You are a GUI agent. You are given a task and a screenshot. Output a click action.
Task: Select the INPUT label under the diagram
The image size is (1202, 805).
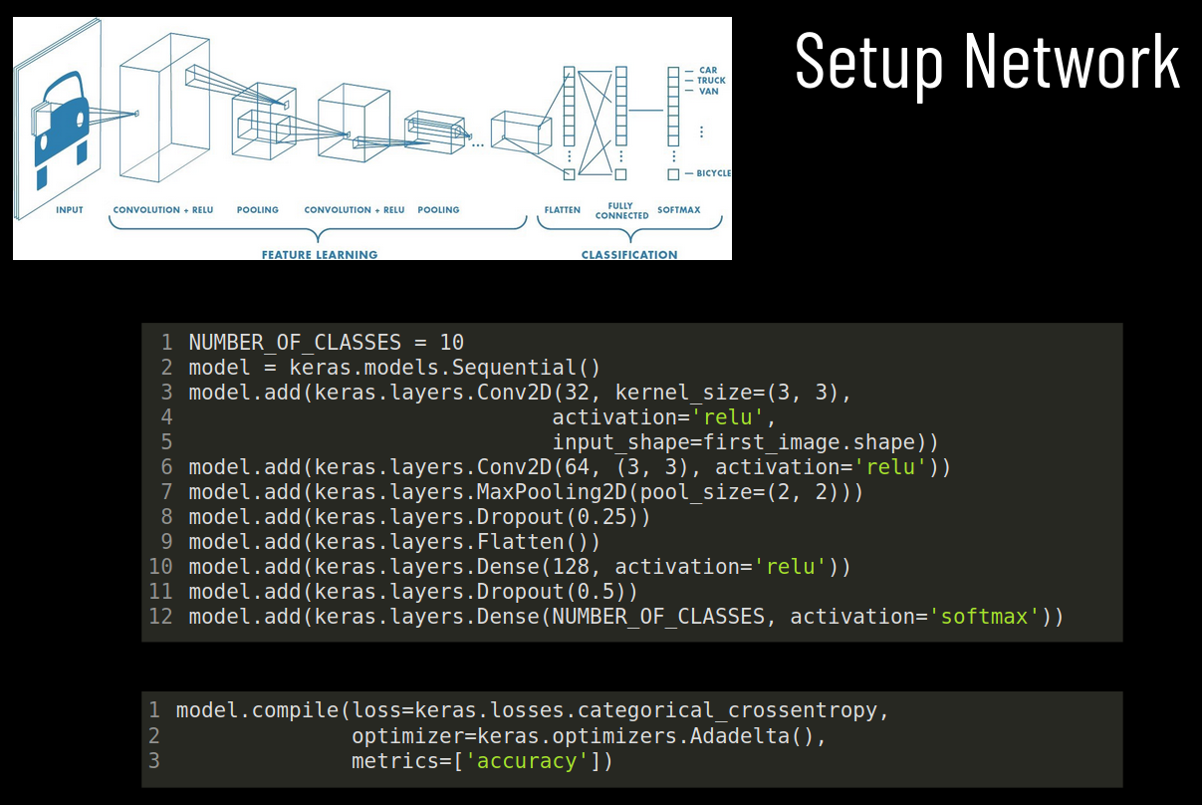[70, 210]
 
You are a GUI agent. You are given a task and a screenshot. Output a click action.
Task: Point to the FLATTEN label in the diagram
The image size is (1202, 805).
[563, 210]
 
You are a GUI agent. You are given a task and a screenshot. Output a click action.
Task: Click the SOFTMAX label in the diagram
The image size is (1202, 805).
[679, 210]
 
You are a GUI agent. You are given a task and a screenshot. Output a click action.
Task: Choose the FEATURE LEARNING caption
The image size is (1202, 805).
[320, 254]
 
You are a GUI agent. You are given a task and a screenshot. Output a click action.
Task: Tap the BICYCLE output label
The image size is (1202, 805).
[713, 173]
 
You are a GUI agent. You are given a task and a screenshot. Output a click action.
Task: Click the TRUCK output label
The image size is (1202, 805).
[711, 81]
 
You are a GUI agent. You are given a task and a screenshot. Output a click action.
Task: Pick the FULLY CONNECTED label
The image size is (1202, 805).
[621, 210]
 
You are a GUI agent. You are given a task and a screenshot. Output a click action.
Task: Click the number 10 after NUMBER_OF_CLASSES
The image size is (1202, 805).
[451, 342]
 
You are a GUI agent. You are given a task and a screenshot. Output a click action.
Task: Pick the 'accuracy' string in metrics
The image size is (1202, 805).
[527, 761]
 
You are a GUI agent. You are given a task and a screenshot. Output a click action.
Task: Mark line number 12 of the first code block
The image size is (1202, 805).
[160, 617]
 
